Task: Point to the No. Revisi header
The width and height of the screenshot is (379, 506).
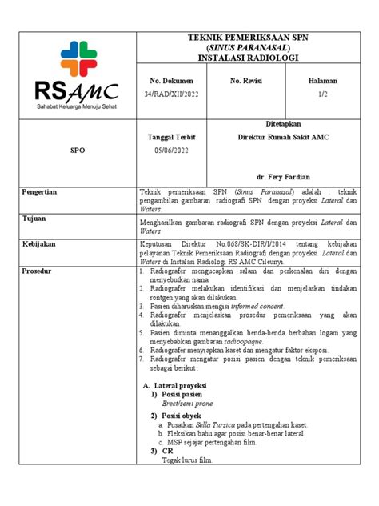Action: [248, 82]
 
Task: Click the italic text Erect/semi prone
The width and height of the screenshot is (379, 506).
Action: [190, 405]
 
